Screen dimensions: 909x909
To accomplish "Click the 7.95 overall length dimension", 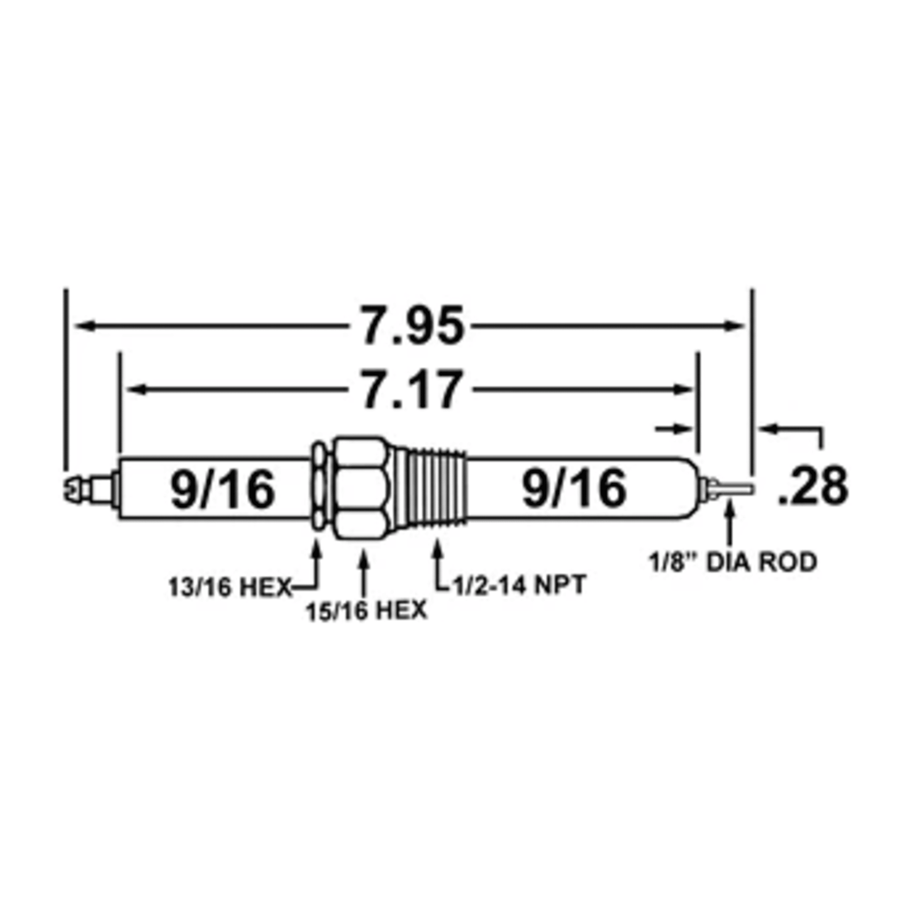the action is click(x=413, y=326).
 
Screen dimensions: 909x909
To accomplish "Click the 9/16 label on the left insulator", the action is click(x=223, y=489).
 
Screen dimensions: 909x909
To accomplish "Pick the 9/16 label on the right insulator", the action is click(x=574, y=488).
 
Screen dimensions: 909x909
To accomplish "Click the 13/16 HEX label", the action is click(x=230, y=588).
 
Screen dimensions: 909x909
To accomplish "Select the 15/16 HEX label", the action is click(x=367, y=611).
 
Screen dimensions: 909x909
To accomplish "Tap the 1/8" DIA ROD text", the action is click(x=733, y=562).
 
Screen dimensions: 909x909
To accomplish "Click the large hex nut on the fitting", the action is click(x=362, y=488).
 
